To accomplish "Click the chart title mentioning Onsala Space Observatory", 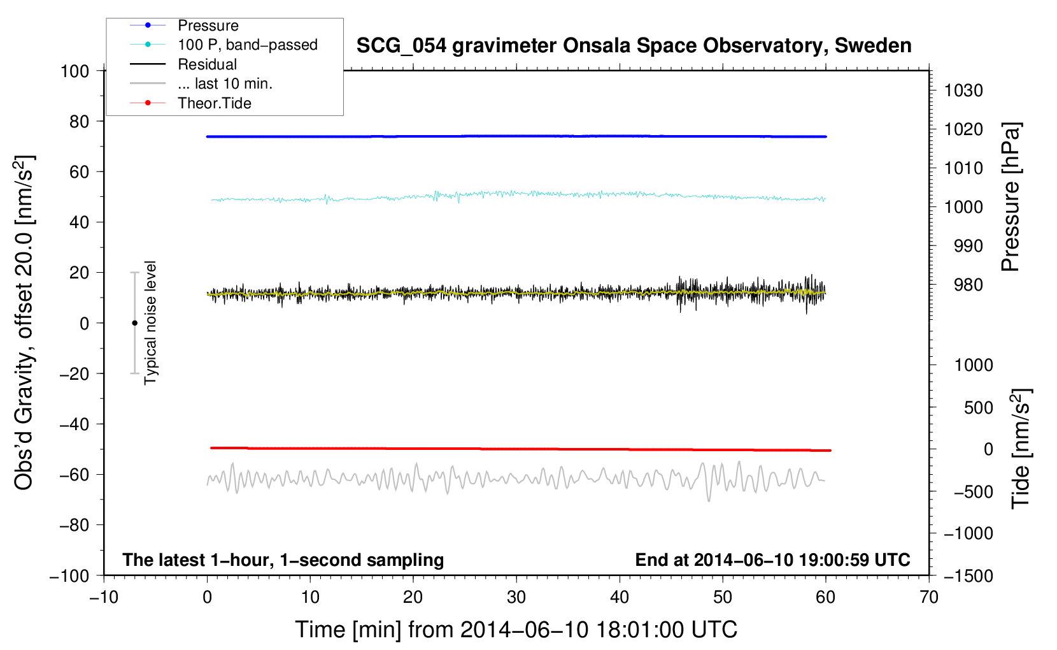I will pos(634,46).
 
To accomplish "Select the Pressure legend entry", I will pos(208,25).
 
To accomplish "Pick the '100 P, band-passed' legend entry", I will pos(247,45).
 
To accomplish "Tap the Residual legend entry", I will pos(207,64).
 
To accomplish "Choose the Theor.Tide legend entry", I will pos(214,103).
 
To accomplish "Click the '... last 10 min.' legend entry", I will pos(225,83).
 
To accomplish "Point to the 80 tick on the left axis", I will pos(79,121).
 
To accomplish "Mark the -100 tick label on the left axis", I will pos(69,575).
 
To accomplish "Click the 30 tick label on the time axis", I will pos(516,597).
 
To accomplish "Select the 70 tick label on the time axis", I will pos(929,597).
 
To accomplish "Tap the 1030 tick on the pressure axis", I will pos(963,90).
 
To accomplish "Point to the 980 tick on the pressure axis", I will pos(968,285).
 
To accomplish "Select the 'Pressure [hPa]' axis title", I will pos(1011,198).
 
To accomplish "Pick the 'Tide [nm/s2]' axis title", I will pos(1021,448).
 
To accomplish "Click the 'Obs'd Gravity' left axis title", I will pos(24,322).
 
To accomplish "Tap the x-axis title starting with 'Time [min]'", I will pos(516,630).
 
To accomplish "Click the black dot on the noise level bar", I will pos(134,323).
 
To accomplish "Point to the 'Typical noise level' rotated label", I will pos(150,322).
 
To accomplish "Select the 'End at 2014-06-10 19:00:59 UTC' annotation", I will pos(772,560).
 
